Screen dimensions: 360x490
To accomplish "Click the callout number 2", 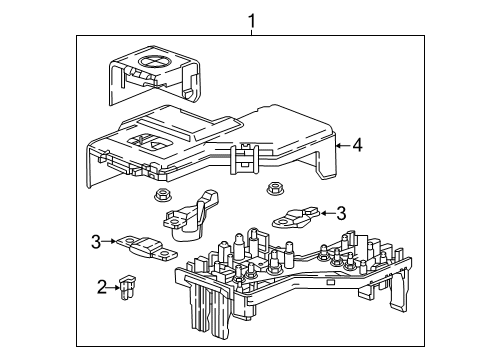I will click(x=101, y=288).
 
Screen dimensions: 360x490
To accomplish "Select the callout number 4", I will click(x=356, y=144).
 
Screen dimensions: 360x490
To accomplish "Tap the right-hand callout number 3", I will click(x=341, y=213).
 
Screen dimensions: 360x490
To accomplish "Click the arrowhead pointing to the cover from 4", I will click(x=338, y=145).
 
